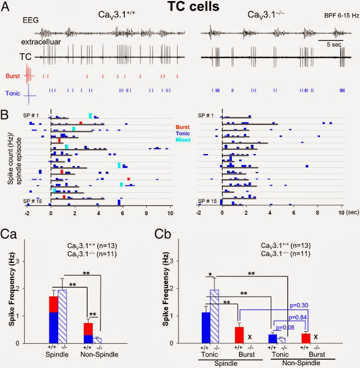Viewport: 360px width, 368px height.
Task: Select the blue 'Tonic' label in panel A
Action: point(14,91)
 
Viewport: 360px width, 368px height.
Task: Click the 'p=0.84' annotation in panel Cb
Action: point(302,316)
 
